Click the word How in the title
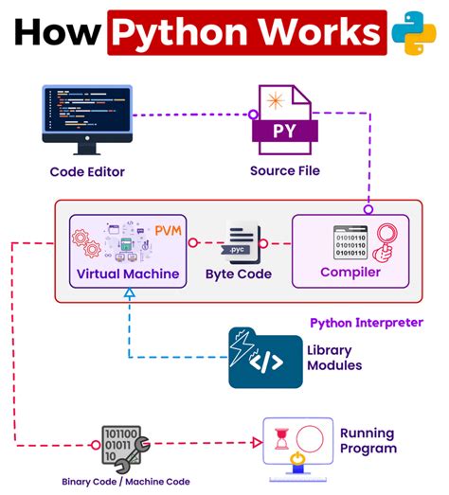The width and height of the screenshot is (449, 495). [x=56, y=33]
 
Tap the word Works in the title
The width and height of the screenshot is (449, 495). [x=318, y=33]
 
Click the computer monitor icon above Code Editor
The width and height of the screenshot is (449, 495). [x=87, y=118]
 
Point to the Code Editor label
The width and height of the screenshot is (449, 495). [x=87, y=171]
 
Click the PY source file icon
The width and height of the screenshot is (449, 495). [x=284, y=120]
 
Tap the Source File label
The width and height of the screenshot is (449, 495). [x=284, y=171]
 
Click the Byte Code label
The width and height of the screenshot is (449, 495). [x=239, y=274]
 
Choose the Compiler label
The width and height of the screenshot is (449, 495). [x=350, y=273]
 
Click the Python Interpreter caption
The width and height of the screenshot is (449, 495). [x=367, y=323]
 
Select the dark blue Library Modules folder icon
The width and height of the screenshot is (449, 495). [x=265, y=357]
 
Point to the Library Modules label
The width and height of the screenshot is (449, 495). [x=333, y=358]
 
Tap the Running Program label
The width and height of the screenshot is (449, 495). [x=368, y=441]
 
